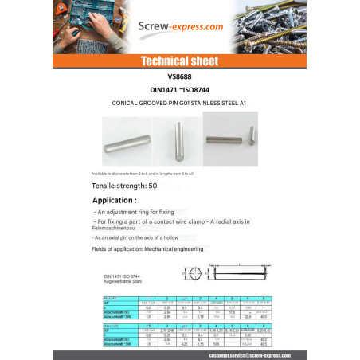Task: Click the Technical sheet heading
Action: (179, 61)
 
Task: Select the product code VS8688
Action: (179, 77)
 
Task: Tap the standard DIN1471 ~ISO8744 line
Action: (179, 90)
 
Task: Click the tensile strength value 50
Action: (153, 185)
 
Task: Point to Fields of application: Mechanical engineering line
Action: (147, 249)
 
